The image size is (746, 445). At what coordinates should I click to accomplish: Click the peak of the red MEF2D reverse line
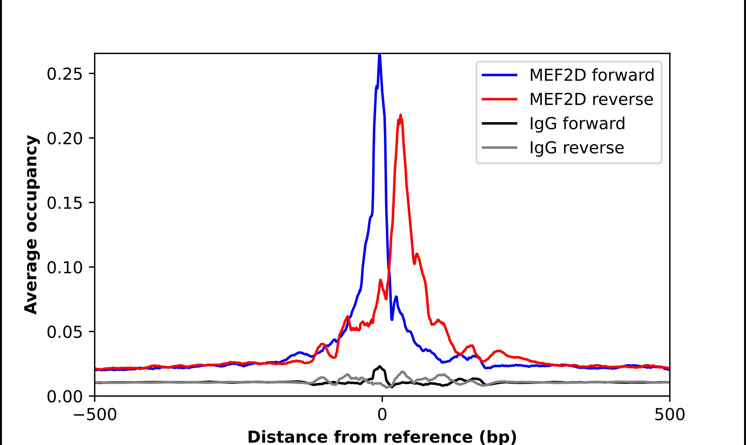click(401, 115)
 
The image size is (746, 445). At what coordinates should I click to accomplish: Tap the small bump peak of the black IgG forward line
click(380, 367)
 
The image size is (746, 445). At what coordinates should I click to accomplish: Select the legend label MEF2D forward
click(592, 75)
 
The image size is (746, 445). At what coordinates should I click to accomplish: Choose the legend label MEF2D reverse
click(591, 99)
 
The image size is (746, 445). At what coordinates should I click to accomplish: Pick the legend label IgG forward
click(577, 124)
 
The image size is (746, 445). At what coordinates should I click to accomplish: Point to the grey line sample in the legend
click(499, 147)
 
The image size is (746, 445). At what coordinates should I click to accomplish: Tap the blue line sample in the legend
click(499, 75)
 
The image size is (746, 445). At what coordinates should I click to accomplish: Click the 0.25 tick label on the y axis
click(65, 74)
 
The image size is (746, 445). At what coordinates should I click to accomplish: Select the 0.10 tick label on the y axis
click(65, 267)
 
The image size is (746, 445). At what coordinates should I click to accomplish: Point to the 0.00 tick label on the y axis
click(65, 397)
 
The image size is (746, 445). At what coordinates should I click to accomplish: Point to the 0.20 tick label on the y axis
click(65, 138)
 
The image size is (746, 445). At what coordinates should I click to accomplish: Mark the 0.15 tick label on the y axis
click(65, 203)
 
